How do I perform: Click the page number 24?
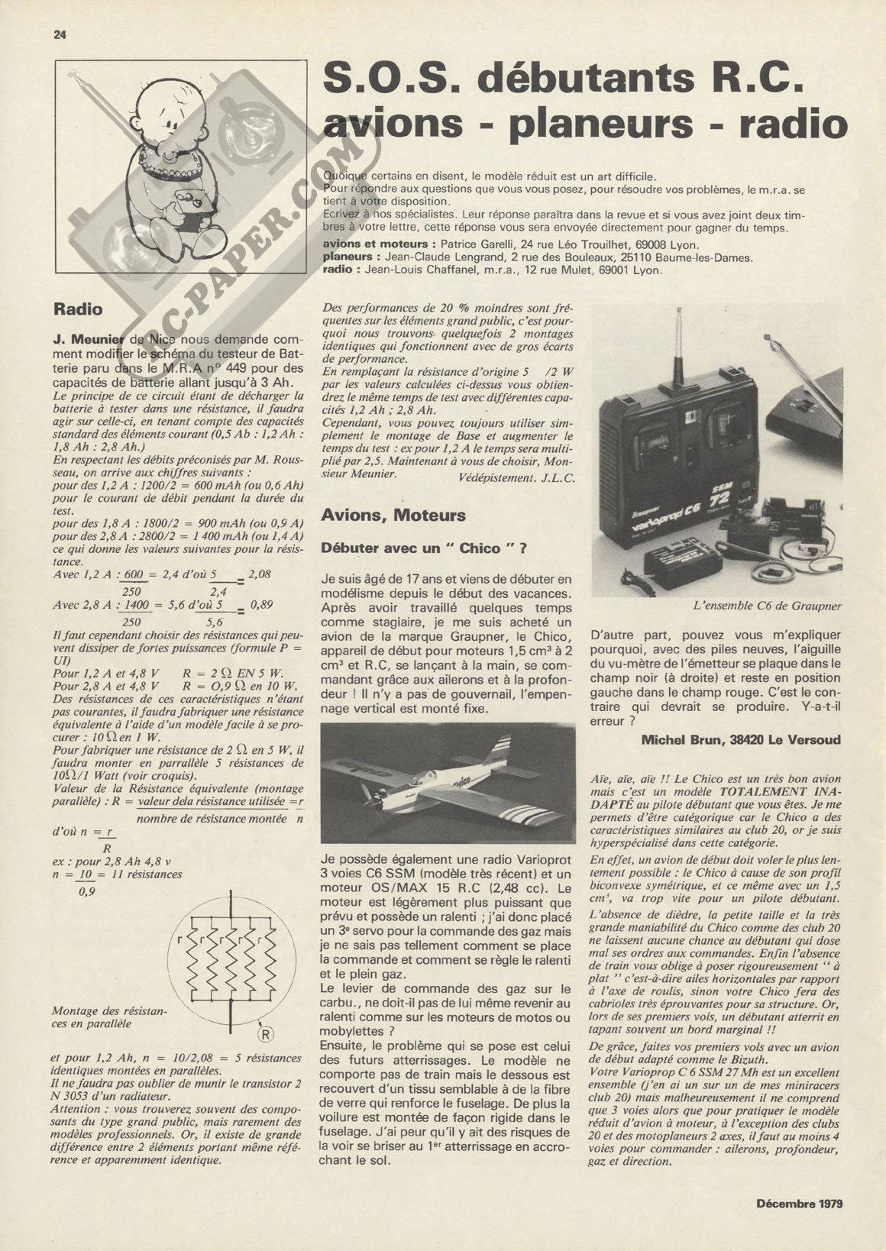60,34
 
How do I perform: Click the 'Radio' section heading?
78,309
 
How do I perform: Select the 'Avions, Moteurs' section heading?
393,516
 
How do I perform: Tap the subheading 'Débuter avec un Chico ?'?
424,548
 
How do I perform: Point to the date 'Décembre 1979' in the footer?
799,1204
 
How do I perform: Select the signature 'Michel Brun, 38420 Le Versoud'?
741,739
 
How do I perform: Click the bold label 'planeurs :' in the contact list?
351,257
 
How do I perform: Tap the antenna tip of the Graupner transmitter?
681,310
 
